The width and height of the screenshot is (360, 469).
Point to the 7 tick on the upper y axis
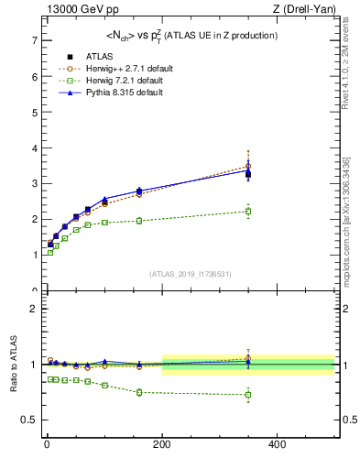33,40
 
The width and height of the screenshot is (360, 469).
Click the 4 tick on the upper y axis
33,147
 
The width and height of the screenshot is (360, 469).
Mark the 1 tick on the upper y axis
33,255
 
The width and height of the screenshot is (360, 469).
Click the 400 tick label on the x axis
277,444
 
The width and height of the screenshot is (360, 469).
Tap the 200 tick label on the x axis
161,444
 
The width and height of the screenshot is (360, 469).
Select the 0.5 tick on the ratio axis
28,420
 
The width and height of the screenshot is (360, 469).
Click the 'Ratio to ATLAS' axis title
13,364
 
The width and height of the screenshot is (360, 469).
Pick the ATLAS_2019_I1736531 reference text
191,274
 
